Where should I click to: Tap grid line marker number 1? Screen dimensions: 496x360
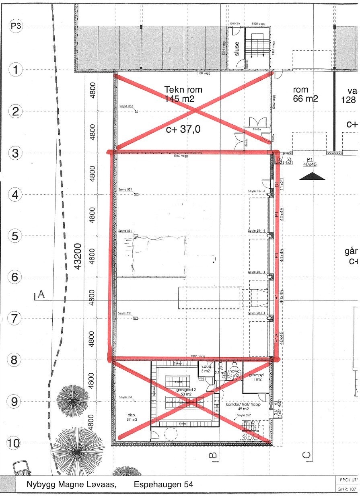pos(16,70)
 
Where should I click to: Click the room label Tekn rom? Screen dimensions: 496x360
pos(183,89)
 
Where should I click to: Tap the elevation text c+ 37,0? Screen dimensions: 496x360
pos(183,129)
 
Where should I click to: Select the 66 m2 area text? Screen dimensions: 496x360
pos(305,99)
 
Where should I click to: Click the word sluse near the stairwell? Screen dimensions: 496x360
pos(237,49)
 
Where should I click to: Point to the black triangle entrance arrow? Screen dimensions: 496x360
pos(312,176)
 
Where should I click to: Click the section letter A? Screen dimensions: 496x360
pos(40,295)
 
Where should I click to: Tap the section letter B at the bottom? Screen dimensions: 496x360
pos(212,455)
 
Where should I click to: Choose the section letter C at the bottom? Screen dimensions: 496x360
pos(306,455)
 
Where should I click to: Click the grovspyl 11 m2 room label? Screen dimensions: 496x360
pos(255,376)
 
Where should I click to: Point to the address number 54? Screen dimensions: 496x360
pos(186,485)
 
